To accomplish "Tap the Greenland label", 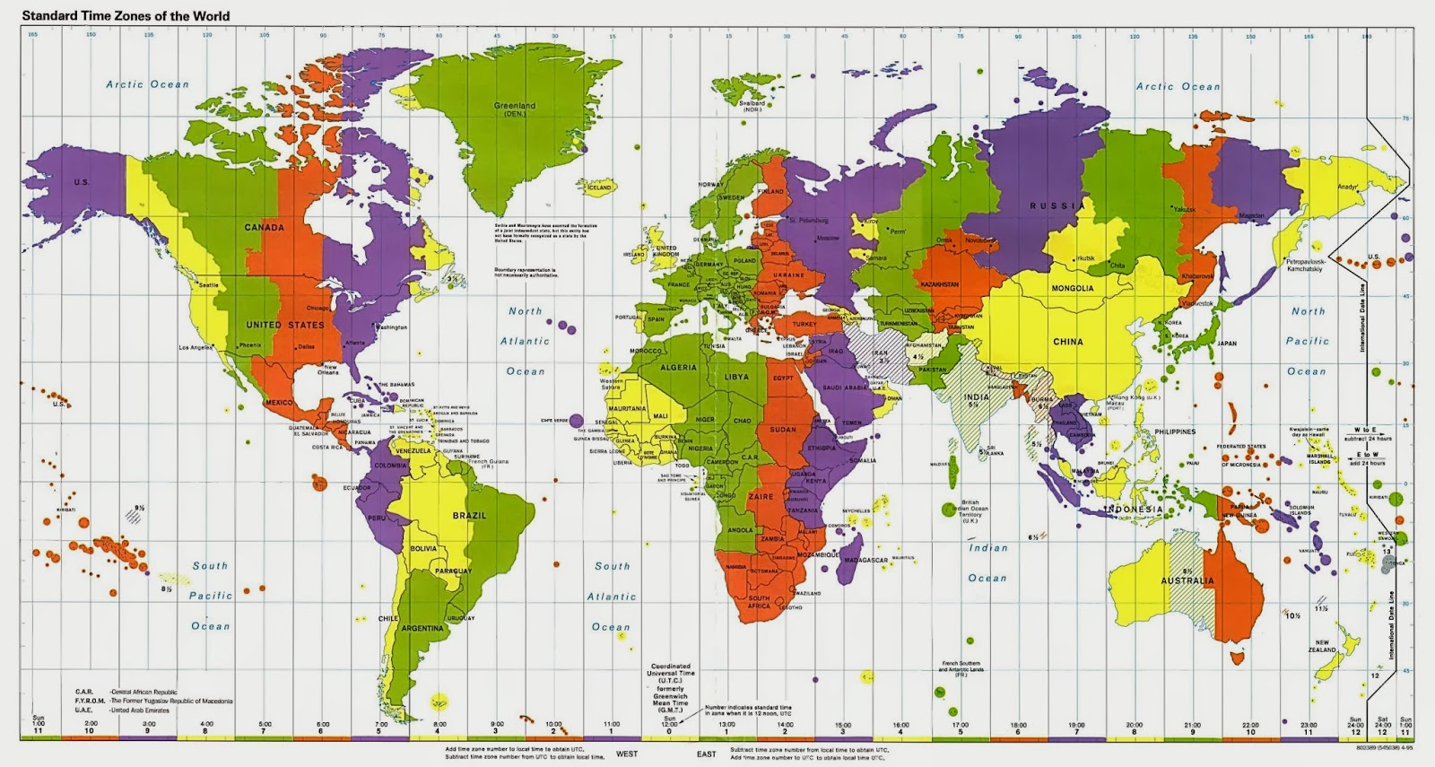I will (x=515, y=106).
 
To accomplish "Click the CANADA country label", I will (x=264, y=228).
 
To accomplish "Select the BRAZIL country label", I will (x=469, y=516).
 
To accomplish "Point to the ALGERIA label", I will (x=678, y=368).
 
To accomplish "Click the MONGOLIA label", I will (x=1073, y=288).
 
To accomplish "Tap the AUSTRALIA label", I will (x=1187, y=581).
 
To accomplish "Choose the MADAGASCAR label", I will (x=865, y=561).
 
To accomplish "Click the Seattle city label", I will (x=208, y=285).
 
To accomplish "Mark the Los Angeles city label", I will (x=196, y=347).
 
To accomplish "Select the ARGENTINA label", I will (x=422, y=629).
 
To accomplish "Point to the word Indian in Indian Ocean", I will (x=987, y=548).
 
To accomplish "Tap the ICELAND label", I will (x=599, y=187).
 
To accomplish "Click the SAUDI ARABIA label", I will (x=846, y=388).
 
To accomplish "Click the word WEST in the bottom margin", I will (x=627, y=754).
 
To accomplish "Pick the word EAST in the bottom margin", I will (x=707, y=754).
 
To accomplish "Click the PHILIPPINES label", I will (x=1175, y=431).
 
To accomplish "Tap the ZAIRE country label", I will (x=761, y=496).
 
